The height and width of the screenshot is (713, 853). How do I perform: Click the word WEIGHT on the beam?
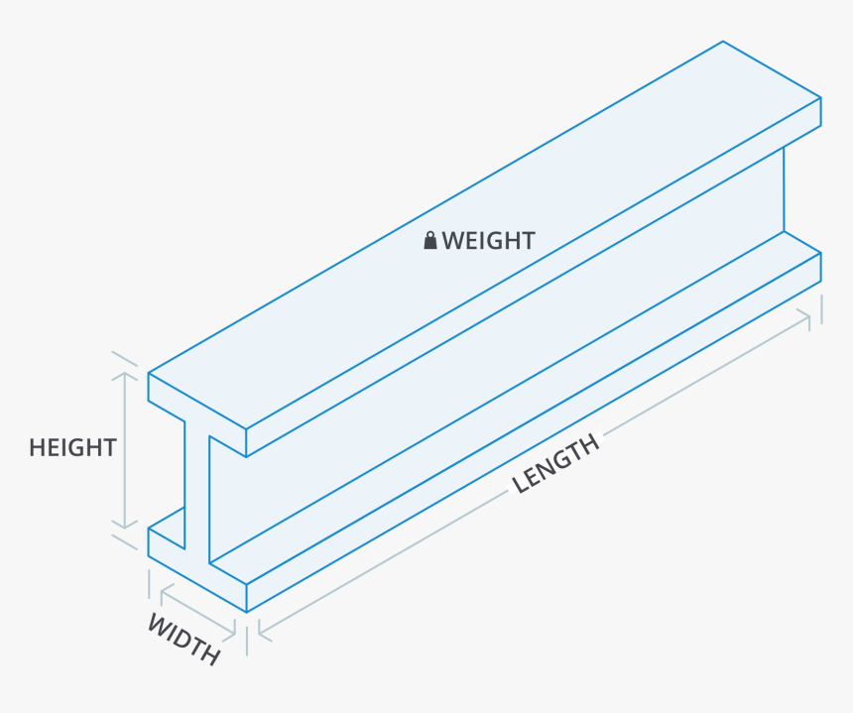[x=488, y=241]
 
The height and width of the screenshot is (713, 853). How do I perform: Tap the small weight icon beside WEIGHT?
[x=430, y=240]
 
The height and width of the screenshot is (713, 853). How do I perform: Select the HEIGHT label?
[x=72, y=447]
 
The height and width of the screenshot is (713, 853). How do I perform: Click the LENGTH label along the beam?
[x=556, y=463]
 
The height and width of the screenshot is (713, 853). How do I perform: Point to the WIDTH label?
[x=183, y=639]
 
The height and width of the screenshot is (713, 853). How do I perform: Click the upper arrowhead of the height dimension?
[x=124, y=378]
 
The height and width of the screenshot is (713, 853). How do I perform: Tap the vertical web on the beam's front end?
[x=196, y=486]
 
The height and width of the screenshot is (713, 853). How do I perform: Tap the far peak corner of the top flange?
[x=722, y=42]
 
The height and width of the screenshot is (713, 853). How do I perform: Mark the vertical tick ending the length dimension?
[x=821, y=308]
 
